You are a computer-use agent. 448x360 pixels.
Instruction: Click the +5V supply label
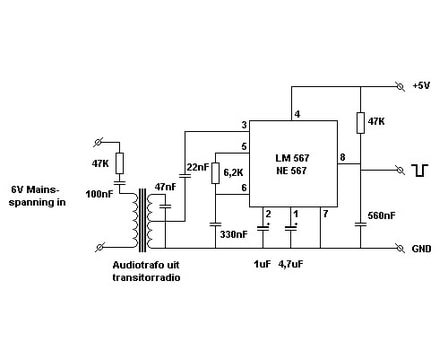[421, 85]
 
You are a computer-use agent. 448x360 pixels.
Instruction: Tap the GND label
[421, 249]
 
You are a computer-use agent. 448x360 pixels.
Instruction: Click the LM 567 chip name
[292, 158]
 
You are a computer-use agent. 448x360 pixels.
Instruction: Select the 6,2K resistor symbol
[215, 173]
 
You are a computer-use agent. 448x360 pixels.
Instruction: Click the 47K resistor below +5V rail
[360, 123]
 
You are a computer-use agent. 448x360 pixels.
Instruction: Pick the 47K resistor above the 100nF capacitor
[119, 163]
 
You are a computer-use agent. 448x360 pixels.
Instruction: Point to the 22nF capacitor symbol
[184, 175]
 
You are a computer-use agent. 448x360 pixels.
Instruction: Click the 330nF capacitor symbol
[215, 224]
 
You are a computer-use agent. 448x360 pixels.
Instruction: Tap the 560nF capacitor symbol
[360, 224]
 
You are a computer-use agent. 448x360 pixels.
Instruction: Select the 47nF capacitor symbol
[165, 206]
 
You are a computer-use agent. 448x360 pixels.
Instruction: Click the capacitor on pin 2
[263, 228]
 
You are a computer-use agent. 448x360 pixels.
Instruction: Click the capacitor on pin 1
[291, 228]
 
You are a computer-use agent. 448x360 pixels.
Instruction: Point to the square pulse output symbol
[420, 170]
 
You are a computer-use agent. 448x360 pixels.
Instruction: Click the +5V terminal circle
[399, 87]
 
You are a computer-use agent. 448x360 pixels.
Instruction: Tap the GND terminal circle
[399, 248]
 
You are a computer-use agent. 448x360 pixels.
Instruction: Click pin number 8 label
[342, 157]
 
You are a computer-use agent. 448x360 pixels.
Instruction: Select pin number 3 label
[244, 125]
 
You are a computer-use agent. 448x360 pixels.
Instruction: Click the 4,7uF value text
[291, 265]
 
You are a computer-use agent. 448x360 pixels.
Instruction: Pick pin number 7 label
[325, 214]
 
